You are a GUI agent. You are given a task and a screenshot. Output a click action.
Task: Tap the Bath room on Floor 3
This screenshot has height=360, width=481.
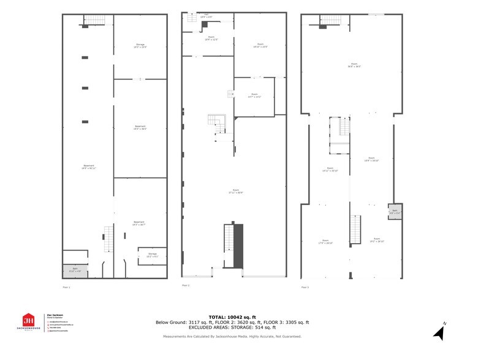click(394, 212)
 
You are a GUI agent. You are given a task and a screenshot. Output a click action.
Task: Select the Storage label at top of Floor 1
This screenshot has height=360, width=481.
click(140, 46)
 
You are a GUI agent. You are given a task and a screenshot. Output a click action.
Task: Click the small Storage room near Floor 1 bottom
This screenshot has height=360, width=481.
click(153, 256)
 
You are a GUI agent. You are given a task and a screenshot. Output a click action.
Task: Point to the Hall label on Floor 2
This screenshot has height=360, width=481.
click(206, 16)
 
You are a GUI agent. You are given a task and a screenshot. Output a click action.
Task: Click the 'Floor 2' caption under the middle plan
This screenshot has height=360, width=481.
click(185, 285)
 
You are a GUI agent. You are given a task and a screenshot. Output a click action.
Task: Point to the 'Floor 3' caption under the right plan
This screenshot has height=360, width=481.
click(305, 287)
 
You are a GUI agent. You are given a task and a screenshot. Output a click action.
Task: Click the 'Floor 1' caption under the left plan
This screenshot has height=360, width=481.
click(66, 287)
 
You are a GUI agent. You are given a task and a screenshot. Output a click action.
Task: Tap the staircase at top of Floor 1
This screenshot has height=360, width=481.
click(95, 20)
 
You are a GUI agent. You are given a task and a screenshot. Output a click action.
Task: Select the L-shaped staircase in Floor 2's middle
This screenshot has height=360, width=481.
click(218, 126)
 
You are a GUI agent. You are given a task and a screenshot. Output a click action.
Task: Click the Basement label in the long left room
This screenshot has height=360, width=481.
click(88, 167)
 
